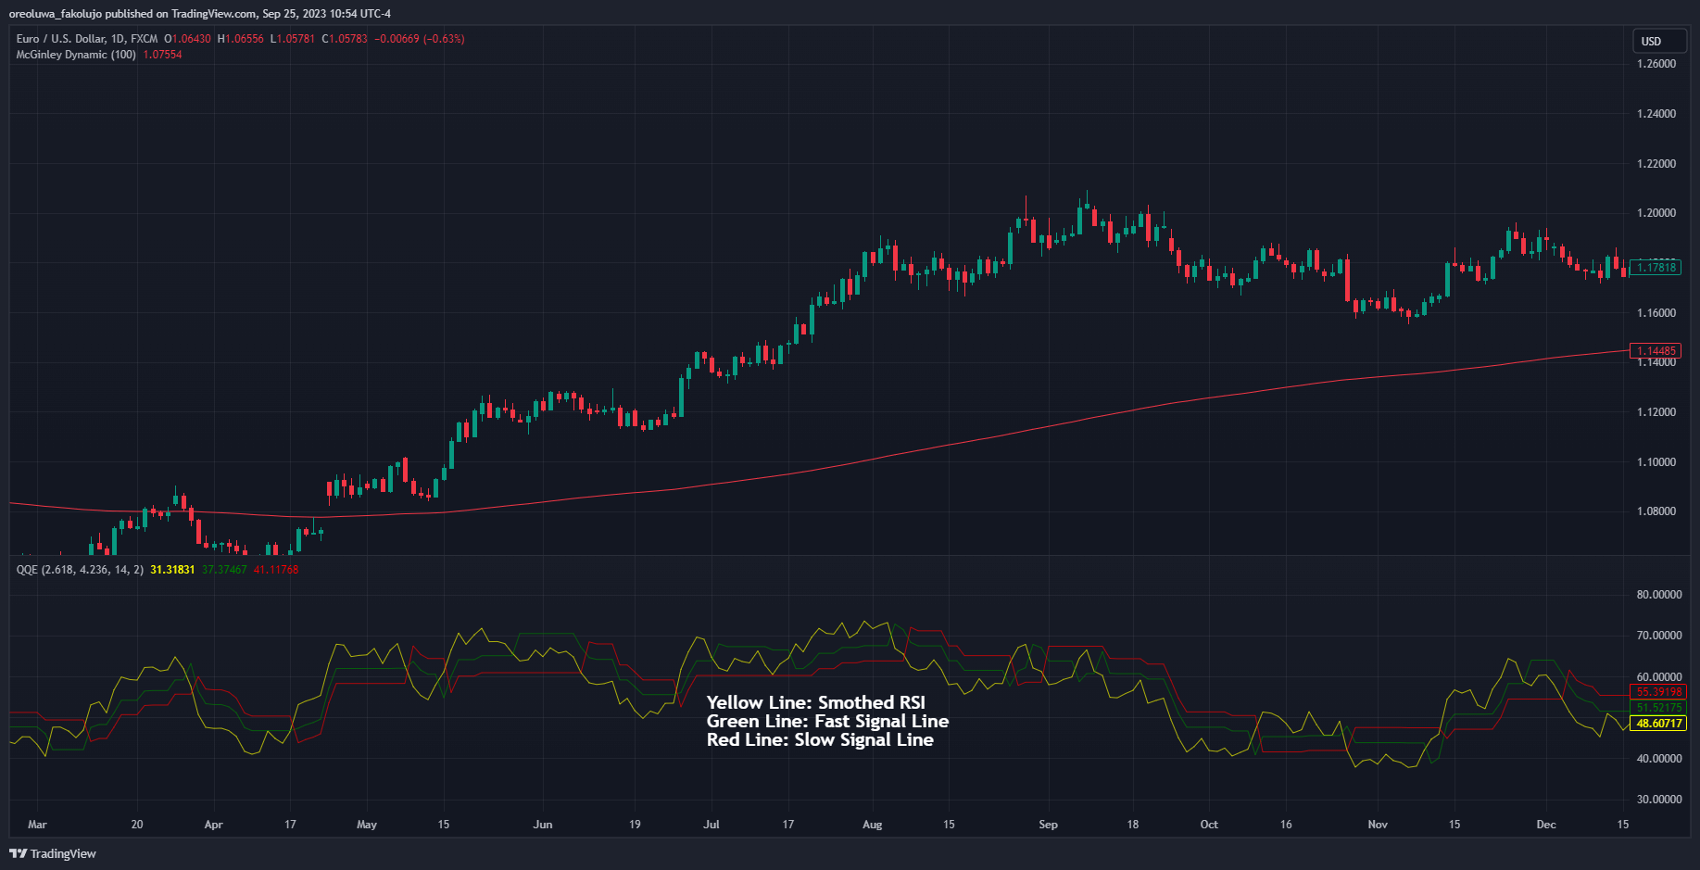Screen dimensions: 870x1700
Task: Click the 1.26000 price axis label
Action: pyautogui.click(x=1656, y=64)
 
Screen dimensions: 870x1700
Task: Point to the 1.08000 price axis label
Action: pyautogui.click(x=1656, y=511)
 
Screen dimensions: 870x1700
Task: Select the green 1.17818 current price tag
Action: pyautogui.click(x=1656, y=268)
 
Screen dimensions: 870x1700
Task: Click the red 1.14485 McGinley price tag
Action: pyautogui.click(x=1656, y=351)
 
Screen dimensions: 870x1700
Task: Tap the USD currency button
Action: pyautogui.click(x=1651, y=42)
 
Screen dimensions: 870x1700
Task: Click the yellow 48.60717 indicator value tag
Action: pyautogui.click(x=1659, y=724)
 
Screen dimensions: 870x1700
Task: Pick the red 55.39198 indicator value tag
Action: pyautogui.click(x=1659, y=692)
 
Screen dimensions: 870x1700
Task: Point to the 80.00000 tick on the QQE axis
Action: pyautogui.click(x=1659, y=595)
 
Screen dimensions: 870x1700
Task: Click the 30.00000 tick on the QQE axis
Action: pyautogui.click(x=1659, y=800)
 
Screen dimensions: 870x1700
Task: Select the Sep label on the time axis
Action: pyautogui.click(x=1048, y=825)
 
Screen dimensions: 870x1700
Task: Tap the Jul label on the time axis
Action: pyautogui.click(x=711, y=825)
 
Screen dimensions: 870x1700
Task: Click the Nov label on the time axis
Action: pyautogui.click(x=1378, y=825)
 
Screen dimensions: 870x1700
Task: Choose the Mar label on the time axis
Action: pyautogui.click(x=37, y=825)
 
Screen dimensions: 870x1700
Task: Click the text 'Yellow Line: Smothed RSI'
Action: pyautogui.click(x=815, y=703)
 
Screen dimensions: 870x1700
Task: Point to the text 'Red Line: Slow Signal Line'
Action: pyautogui.click(x=820, y=740)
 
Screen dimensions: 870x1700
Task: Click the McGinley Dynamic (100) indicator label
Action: pyautogui.click(x=76, y=55)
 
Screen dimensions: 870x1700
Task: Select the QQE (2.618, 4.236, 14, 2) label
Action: pyautogui.click(x=80, y=570)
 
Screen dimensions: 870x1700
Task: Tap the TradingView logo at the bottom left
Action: pyautogui.click(x=53, y=853)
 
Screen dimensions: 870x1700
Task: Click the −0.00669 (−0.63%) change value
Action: pyautogui.click(x=420, y=39)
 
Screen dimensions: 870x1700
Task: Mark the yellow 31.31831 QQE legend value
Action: pyautogui.click(x=172, y=570)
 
